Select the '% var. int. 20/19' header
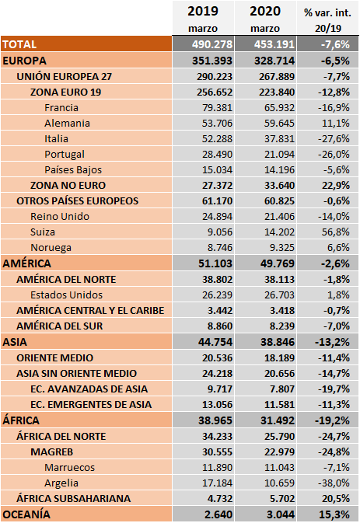coord(327,20)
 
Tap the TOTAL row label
coord(19,44)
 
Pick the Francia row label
coord(61,108)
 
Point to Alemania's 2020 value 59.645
coord(280,124)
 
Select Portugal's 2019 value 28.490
coord(217,155)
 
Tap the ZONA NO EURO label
coord(68,186)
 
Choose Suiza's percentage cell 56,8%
coord(336,232)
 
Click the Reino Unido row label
coord(60,217)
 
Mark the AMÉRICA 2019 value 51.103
coord(215,263)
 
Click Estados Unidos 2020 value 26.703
coord(280,295)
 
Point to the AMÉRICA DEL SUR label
coord(60,326)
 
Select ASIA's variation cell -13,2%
coord(332,342)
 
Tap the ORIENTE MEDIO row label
coord(55,358)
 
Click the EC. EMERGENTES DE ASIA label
coord(91,405)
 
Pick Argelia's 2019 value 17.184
coord(217,483)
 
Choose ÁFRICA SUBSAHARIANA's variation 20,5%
coord(336,499)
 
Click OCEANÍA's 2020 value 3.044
coord(281,514)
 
